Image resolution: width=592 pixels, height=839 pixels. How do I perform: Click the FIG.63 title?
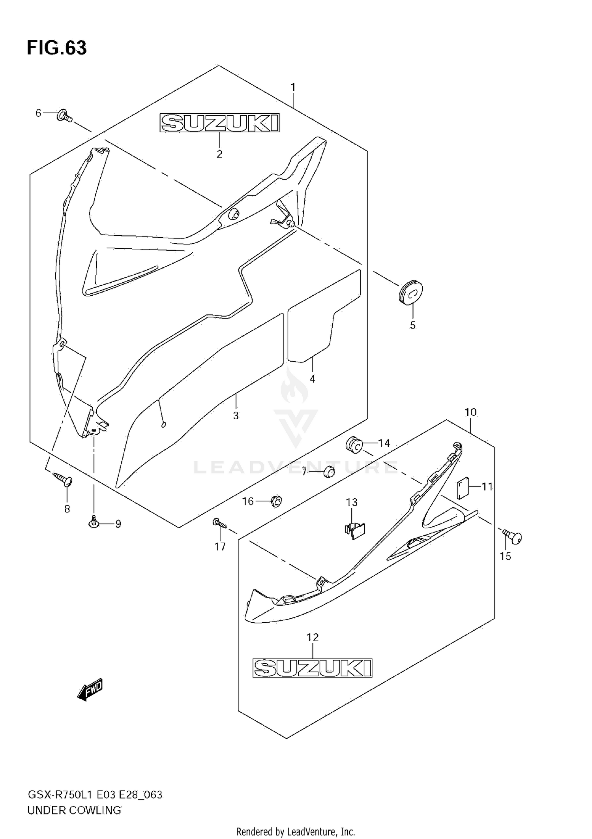click(x=57, y=48)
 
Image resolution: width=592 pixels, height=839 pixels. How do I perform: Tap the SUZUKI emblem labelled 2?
click(x=219, y=123)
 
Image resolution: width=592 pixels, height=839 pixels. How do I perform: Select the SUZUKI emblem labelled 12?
click(x=312, y=668)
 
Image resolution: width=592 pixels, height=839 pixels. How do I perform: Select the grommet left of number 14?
click(x=354, y=445)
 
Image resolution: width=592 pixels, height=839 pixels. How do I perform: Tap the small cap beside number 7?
click(x=329, y=471)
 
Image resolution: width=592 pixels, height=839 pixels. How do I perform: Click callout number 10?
click(x=470, y=412)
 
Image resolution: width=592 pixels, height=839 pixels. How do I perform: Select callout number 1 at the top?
click(x=293, y=87)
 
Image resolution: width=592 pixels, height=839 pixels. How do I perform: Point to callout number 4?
click(x=312, y=379)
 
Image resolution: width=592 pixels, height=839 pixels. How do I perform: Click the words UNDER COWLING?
click(x=74, y=810)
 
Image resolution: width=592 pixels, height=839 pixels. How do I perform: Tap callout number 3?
click(x=236, y=415)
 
